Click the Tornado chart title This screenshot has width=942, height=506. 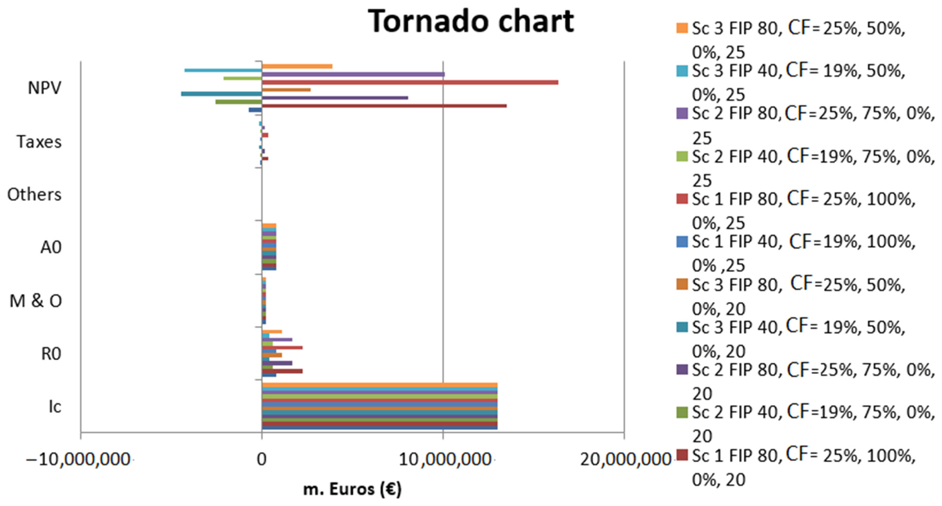click(471, 21)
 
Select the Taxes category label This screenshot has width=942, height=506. click(39, 142)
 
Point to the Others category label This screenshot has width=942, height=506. click(34, 195)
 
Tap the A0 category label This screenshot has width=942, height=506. click(51, 247)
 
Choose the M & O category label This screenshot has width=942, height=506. click(35, 301)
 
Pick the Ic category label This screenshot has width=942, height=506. click(55, 407)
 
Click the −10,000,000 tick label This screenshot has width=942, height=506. click(78, 460)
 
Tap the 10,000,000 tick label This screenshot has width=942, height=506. click(444, 460)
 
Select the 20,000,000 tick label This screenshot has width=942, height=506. click(625, 460)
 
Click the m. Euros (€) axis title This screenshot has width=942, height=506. click(352, 489)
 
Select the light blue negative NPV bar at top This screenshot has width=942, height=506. click(223, 70)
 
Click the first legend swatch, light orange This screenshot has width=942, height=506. click(682, 28)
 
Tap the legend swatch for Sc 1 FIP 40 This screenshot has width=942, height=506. click(682, 242)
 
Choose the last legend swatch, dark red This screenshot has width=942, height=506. click(682, 455)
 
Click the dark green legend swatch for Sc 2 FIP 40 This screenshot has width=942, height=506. click(682, 412)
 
